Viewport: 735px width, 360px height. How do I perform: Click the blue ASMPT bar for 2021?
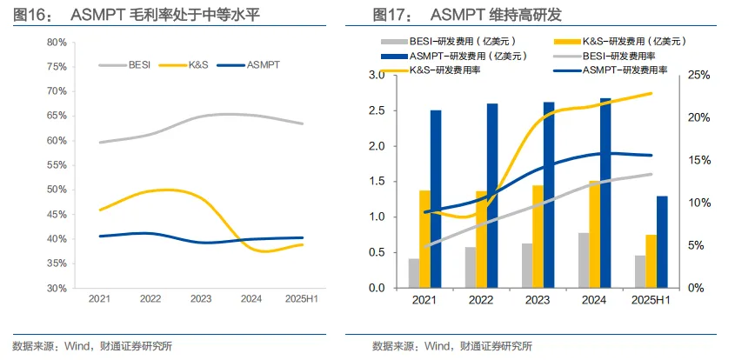click(436, 198)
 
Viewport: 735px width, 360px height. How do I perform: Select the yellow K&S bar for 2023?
click(538, 236)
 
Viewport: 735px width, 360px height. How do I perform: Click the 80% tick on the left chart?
click(57, 42)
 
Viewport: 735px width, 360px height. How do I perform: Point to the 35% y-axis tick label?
click(57, 263)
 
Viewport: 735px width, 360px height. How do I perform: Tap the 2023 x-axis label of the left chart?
click(199, 298)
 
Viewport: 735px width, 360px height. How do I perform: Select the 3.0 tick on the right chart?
click(377, 76)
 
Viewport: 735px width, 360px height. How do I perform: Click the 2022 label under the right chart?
click(481, 300)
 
